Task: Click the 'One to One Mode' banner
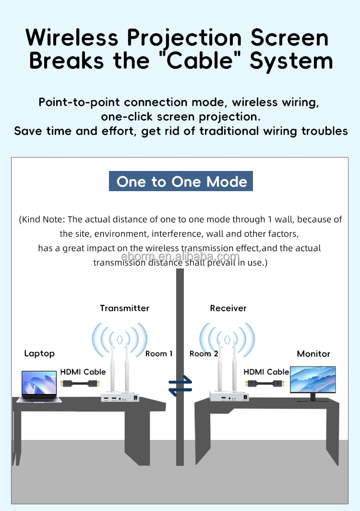(181, 182)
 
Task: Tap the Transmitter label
(124, 308)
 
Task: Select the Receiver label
(228, 308)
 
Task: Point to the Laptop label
(39, 353)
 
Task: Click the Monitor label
(313, 354)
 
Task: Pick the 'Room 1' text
(159, 353)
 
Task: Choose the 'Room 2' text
(204, 353)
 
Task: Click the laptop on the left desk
(39, 385)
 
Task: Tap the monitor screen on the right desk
(313, 380)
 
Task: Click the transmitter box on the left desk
(120, 397)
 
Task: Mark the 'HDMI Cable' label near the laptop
(83, 372)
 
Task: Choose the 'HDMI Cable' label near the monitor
(266, 372)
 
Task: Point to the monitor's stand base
(312, 401)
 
